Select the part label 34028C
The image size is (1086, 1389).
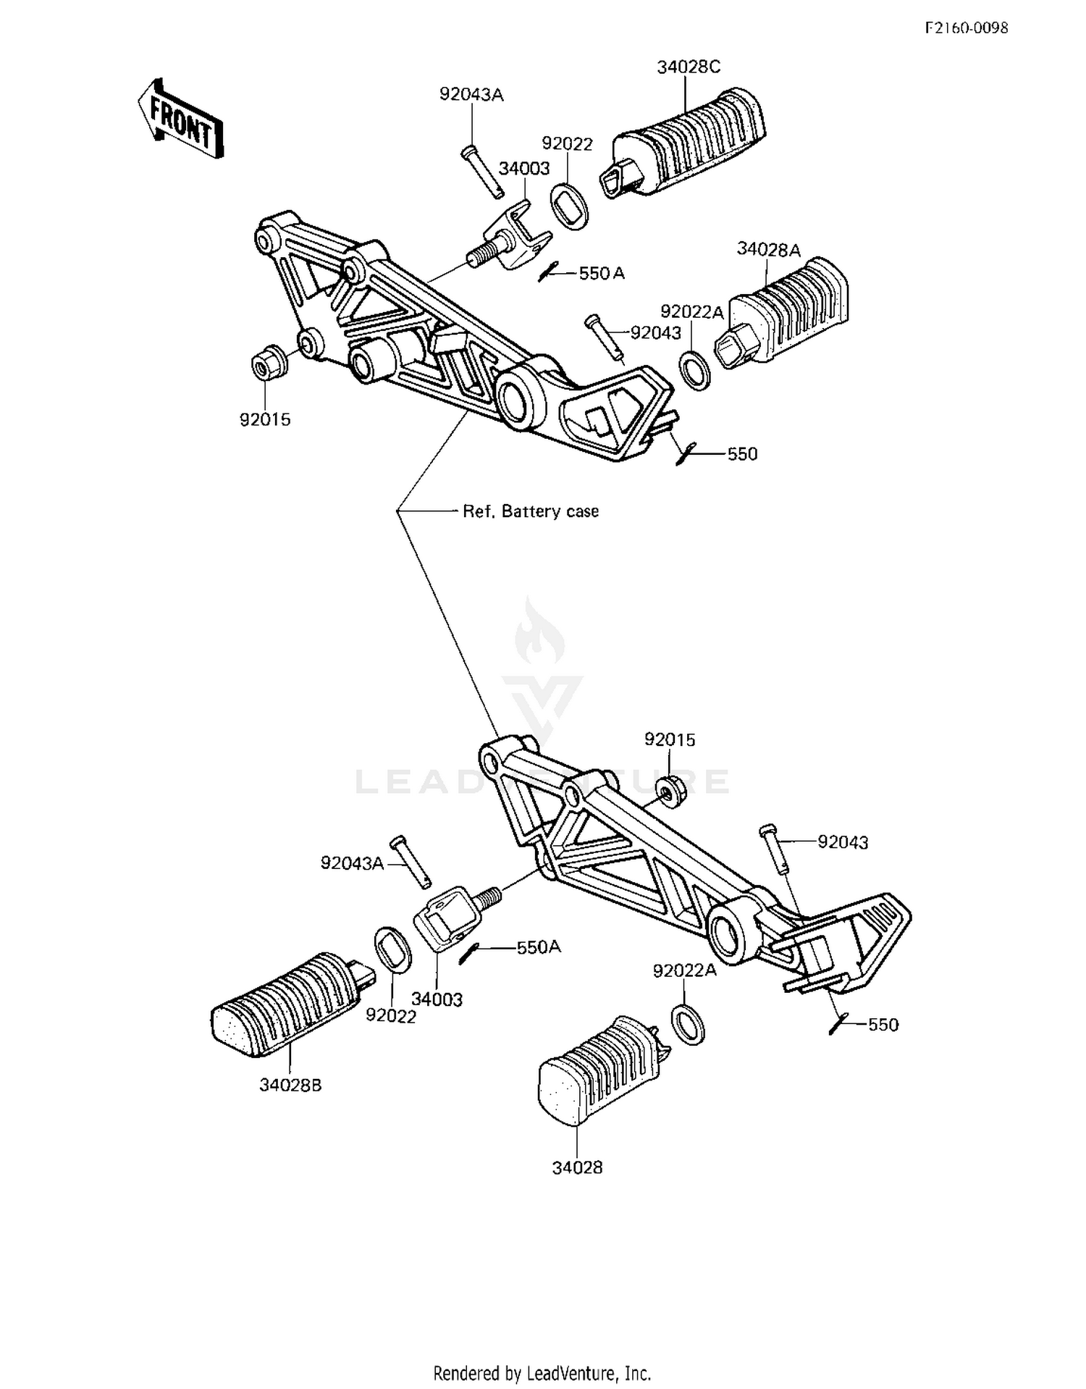[x=689, y=67]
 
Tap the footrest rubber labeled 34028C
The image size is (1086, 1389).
[x=682, y=141]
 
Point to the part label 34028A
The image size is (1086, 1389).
[x=768, y=250]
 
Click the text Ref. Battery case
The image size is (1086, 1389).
[x=531, y=511]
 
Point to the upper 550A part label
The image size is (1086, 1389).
[x=601, y=273]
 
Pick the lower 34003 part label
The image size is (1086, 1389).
[x=437, y=999]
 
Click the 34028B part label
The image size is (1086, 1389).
[x=290, y=1086]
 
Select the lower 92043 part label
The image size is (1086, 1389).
[x=843, y=842]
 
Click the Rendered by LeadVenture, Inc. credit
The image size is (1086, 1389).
[x=542, y=1373]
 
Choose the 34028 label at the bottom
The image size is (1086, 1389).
[x=577, y=1168]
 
